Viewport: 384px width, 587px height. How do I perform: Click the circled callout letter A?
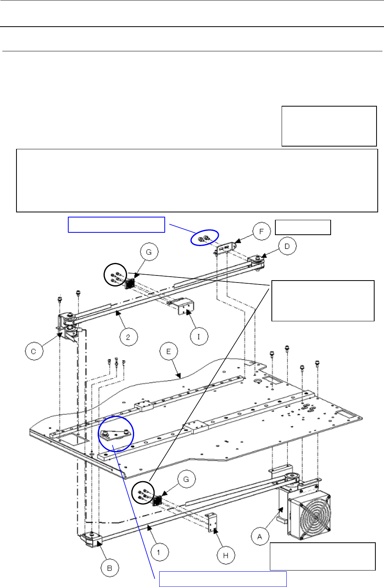click(x=260, y=536)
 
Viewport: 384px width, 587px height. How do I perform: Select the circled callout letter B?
click(x=110, y=568)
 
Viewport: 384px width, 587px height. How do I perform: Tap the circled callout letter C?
click(x=34, y=351)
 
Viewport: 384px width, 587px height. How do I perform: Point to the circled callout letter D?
click(x=287, y=246)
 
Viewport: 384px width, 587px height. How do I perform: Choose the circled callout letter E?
click(x=169, y=351)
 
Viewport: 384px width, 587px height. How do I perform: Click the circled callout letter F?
click(x=261, y=231)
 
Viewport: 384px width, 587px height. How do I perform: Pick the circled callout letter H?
click(x=226, y=555)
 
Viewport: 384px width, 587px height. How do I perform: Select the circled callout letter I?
click(x=199, y=336)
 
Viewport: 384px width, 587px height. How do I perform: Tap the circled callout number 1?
click(x=158, y=553)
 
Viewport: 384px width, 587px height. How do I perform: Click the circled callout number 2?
click(x=128, y=337)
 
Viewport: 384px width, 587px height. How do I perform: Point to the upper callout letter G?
click(x=149, y=252)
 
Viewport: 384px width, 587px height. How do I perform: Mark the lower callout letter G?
click(x=186, y=479)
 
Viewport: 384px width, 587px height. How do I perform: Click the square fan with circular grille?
click(x=310, y=513)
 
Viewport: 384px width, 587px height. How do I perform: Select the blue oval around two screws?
click(x=204, y=237)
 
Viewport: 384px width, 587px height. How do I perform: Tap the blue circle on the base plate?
click(x=116, y=434)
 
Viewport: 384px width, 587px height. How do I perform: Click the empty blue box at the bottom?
click(x=222, y=579)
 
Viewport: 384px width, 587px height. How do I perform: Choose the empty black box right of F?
click(x=303, y=227)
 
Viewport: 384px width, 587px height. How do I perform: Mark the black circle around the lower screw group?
click(x=143, y=493)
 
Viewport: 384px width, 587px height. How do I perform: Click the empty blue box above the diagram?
click(x=116, y=225)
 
